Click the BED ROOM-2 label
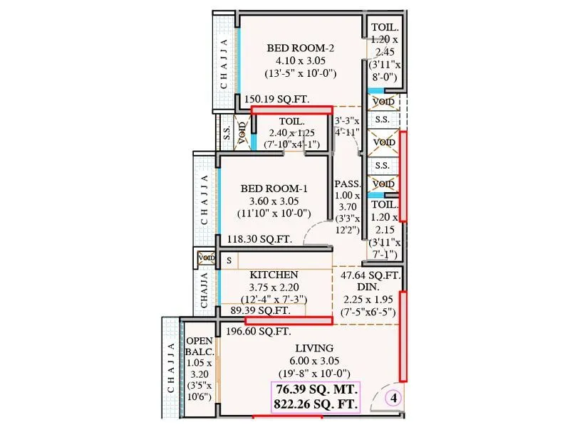[301, 48]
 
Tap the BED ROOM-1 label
[274, 189]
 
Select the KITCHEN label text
[274, 274]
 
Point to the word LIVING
[313, 348]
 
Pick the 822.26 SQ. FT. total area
[315, 405]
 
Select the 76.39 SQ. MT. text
[315, 391]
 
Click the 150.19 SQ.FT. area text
[277, 100]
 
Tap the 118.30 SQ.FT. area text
[259, 240]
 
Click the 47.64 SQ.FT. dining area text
[370, 275]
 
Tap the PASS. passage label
[348, 184]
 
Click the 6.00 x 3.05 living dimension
[313, 361]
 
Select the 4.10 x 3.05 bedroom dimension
[301, 60]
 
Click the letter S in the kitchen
[229, 261]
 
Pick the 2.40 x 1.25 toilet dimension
[292, 133]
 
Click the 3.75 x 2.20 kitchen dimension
[274, 287]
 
